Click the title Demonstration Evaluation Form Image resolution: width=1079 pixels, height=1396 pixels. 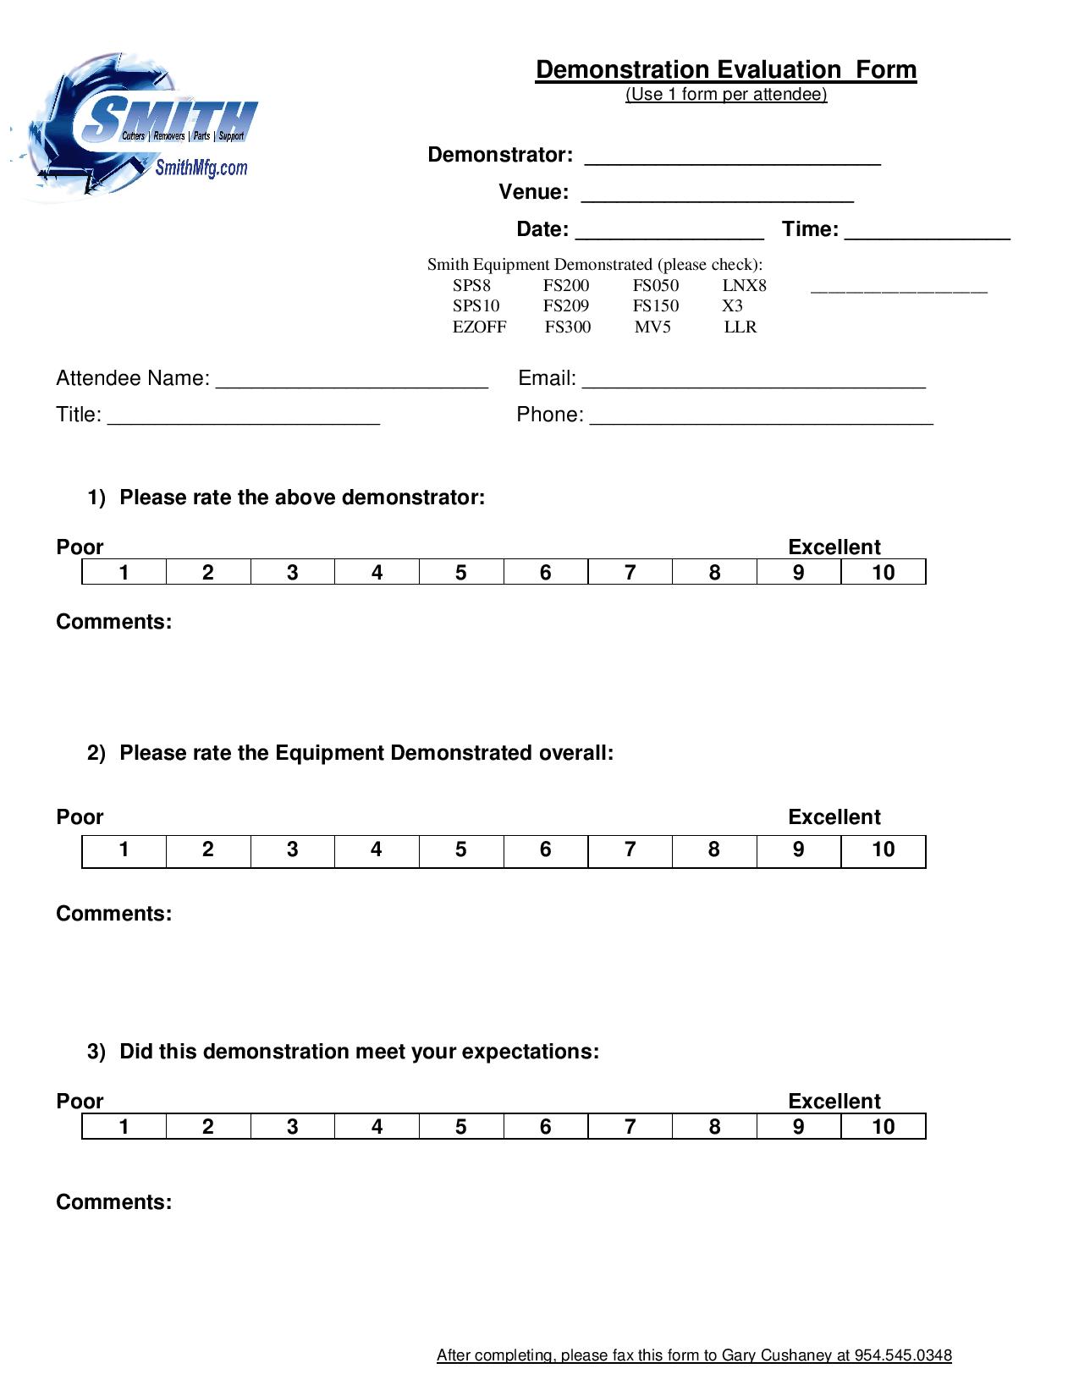point(725,69)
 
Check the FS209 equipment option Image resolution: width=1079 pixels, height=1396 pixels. point(565,306)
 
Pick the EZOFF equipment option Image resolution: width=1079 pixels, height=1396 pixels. point(479,327)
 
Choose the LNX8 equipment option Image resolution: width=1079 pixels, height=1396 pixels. point(744,286)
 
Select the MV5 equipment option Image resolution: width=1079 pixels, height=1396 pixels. point(652,327)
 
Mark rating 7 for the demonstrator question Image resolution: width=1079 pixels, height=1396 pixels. point(630,573)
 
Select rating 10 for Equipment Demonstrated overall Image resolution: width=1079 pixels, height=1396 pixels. point(883,850)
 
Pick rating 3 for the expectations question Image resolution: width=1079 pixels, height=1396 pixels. point(292,1127)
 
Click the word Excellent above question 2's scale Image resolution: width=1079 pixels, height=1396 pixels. point(834,817)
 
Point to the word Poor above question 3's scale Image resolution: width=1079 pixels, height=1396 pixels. point(80,1102)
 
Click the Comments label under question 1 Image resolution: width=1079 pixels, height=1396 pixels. point(113,622)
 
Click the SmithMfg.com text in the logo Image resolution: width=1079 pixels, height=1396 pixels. point(201,168)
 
